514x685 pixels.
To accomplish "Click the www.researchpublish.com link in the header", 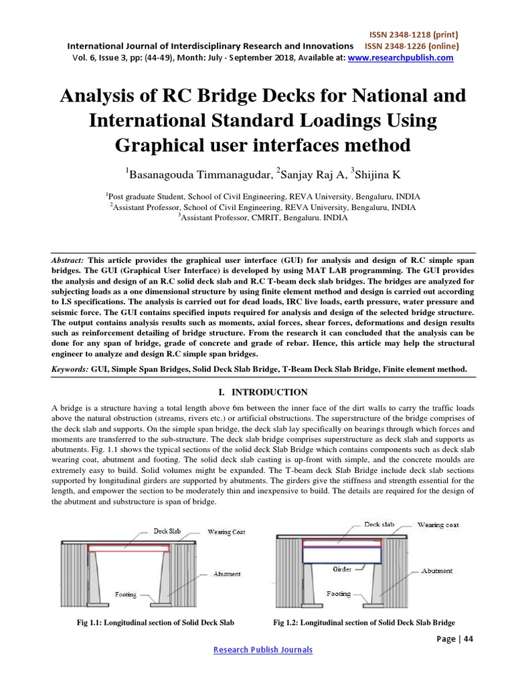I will point(400,58).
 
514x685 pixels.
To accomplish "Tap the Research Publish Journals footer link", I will point(262,650).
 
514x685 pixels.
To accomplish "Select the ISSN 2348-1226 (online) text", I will point(412,45).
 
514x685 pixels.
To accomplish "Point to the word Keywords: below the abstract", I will point(70,369).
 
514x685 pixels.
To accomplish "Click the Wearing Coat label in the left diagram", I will point(226,532).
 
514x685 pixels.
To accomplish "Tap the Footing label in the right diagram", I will point(338,593).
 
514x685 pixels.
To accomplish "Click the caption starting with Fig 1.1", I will point(156,623).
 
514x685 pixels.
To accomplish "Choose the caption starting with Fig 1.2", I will point(364,623).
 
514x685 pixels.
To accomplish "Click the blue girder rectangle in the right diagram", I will point(342,555).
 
